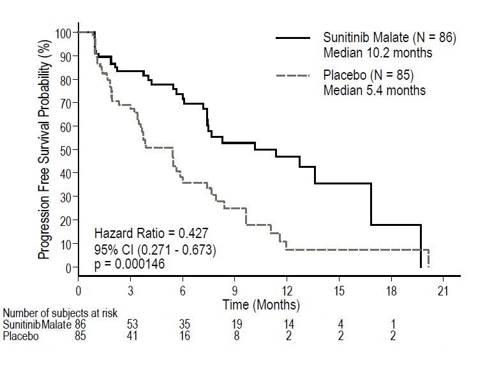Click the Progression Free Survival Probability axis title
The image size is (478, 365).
tap(43, 149)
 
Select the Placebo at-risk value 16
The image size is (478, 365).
tap(185, 337)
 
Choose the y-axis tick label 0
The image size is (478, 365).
tap(68, 267)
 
